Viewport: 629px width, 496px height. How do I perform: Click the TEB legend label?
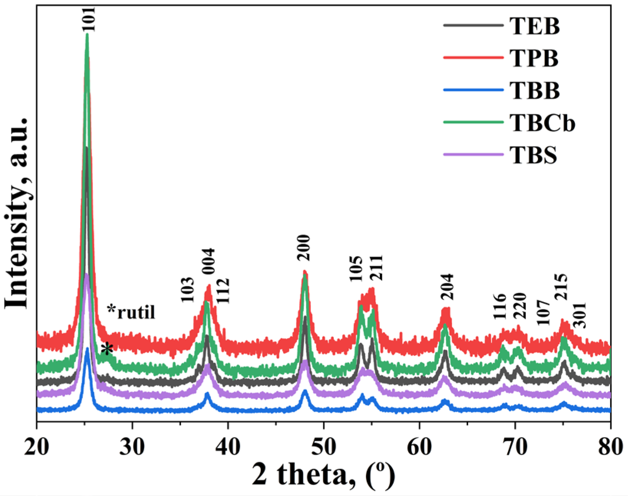pyautogui.click(x=535, y=26)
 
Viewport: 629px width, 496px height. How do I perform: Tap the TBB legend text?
pyautogui.click(x=535, y=91)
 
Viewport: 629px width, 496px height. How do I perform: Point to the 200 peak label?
pyautogui.click(x=304, y=248)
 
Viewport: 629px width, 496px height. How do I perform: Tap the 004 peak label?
pyautogui.click(x=209, y=261)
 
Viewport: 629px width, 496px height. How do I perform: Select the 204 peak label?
pyautogui.click(x=447, y=287)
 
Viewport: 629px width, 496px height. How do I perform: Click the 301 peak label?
pyautogui.click(x=580, y=316)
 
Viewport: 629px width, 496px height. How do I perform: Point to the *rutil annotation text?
pyautogui.click(x=132, y=312)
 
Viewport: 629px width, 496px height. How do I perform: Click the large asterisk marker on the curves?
pyautogui.click(x=108, y=349)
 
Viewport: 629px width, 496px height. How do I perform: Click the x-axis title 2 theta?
pyautogui.click(x=323, y=475)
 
